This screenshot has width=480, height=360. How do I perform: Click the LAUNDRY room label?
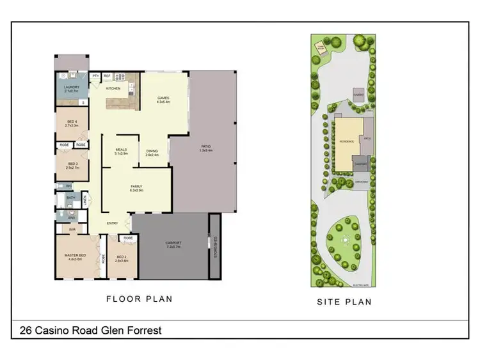pos(71,88)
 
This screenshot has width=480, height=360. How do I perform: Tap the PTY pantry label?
pos(95,75)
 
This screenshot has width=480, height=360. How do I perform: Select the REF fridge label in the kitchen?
pos(107,75)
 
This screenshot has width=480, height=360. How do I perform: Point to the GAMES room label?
pos(163,98)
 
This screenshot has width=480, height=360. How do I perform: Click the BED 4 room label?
pos(71,123)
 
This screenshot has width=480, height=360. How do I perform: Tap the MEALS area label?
pos(121,150)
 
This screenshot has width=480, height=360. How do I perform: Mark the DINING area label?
pos(152,152)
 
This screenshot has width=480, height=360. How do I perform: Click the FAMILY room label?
pos(136,187)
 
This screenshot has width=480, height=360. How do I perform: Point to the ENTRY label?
pos(113,223)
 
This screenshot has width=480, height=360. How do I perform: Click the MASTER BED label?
pos(75,256)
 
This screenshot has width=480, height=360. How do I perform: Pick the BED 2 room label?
pos(122,258)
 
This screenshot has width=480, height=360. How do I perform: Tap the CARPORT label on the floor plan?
pos(173,243)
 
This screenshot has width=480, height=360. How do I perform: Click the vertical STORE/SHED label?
pos(216,246)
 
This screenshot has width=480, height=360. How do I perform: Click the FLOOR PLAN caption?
pos(139,299)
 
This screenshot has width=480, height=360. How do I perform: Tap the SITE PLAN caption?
pos(344,302)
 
